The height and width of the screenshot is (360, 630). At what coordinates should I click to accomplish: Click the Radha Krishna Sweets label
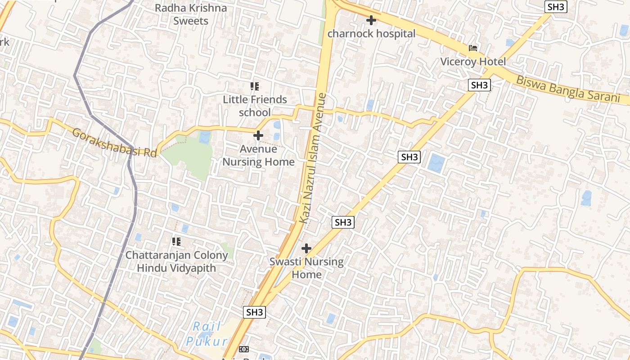click(x=191, y=14)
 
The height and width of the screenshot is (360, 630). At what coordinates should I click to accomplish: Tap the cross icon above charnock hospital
click(x=371, y=20)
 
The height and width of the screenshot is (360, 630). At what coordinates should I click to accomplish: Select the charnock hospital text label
click(x=371, y=34)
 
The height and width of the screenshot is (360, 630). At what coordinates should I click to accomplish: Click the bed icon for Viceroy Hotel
click(x=473, y=48)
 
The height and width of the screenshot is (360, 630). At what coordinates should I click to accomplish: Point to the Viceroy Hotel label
click(x=473, y=62)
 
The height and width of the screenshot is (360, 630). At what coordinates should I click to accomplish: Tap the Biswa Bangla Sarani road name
click(x=567, y=90)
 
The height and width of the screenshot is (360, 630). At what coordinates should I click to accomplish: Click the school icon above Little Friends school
click(x=255, y=86)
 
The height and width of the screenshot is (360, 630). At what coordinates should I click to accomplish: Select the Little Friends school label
click(x=255, y=106)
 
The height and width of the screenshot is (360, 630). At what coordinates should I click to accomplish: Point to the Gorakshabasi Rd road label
click(x=115, y=143)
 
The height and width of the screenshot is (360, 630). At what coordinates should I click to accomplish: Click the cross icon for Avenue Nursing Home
click(x=258, y=135)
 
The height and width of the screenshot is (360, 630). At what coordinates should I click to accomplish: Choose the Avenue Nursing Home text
click(x=259, y=155)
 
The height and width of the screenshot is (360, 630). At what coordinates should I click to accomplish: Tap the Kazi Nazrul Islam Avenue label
click(x=312, y=157)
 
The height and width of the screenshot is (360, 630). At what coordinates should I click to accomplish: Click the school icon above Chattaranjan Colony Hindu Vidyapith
click(x=176, y=242)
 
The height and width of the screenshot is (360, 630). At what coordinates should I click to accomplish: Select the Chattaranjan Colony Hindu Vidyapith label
click(x=176, y=261)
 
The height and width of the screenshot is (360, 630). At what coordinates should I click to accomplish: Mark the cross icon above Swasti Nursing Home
click(x=306, y=248)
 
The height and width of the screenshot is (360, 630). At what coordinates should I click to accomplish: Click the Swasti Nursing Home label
click(x=306, y=268)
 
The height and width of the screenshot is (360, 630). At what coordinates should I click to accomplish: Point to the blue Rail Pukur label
click(x=207, y=334)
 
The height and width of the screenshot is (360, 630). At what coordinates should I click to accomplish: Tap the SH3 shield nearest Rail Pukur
click(x=254, y=312)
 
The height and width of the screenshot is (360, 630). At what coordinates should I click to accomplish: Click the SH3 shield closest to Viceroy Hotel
click(x=479, y=85)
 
